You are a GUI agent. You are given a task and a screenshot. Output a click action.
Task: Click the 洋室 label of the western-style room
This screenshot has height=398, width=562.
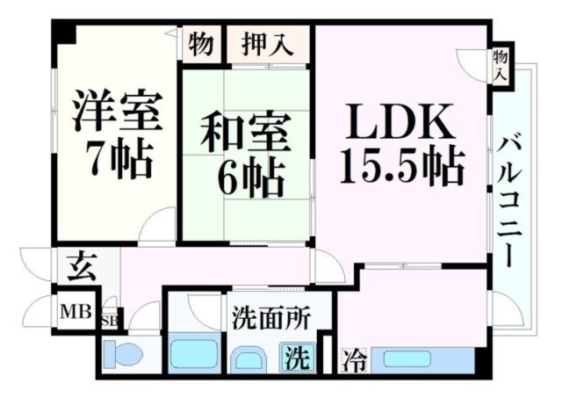point(117,112)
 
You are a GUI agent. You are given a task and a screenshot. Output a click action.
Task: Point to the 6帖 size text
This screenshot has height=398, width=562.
point(251,177)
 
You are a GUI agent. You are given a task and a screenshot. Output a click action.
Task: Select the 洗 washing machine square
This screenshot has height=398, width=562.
point(299,358)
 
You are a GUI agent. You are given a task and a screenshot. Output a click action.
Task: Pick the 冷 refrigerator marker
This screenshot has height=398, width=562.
point(354,359)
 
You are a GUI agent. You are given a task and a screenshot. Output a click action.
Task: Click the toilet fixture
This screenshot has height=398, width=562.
point(123,357)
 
